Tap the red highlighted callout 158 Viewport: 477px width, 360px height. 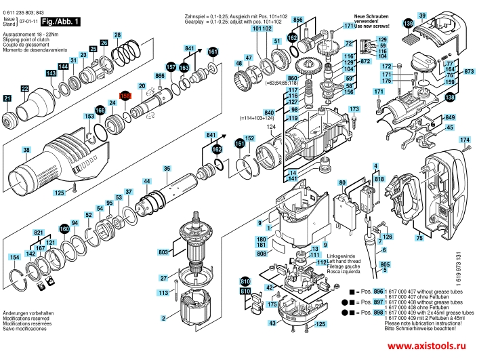125,97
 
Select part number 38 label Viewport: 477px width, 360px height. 26,150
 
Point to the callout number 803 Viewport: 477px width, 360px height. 163,252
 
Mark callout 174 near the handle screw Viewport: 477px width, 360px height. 464,140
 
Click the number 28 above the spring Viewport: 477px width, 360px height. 117,35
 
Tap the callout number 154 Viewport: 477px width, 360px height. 14,258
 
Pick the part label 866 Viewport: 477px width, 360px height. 160,77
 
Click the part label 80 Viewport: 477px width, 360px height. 342,182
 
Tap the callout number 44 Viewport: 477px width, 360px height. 146,181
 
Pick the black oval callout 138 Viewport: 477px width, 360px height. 450,98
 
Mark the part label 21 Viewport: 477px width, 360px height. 7,99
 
